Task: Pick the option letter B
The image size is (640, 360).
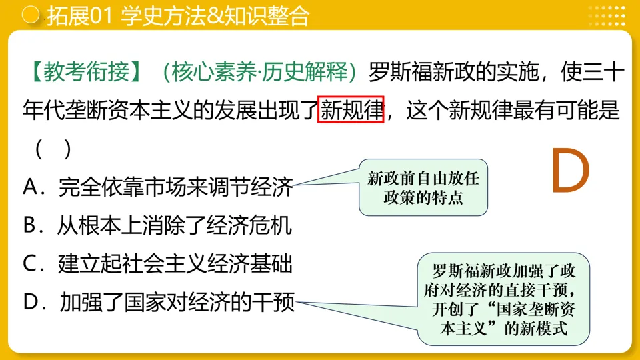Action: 31,226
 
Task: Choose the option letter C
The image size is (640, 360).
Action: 31,265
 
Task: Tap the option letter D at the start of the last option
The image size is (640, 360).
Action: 32,303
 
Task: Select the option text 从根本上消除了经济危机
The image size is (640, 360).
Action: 175,226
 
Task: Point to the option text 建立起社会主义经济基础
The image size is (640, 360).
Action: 175,265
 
